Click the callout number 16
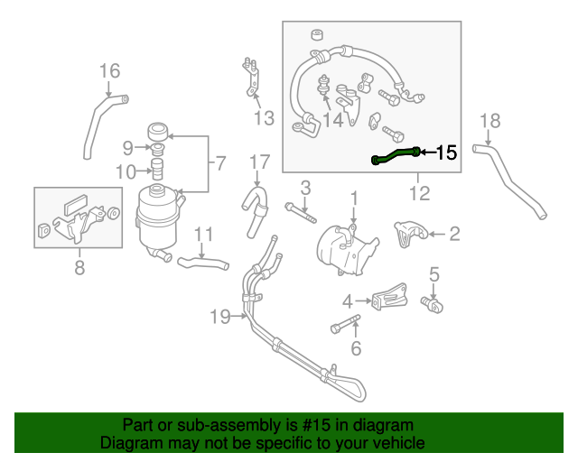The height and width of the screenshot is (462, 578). [x=109, y=70]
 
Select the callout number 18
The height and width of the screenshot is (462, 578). [x=489, y=121]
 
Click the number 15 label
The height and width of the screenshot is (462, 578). [x=446, y=153]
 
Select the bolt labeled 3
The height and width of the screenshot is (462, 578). [x=301, y=213]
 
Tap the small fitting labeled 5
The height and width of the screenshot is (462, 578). [x=432, y=305]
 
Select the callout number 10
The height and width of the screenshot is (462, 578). [x=126, y=171]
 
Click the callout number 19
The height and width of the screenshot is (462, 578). [x=220, y=316]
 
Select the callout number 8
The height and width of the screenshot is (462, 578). [x=79, y=267]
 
